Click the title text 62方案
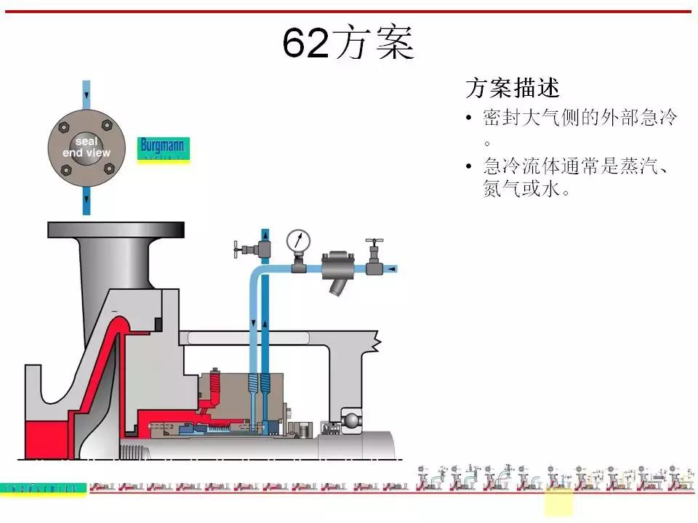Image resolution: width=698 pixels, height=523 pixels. pyautogui.click(x=348, y=43)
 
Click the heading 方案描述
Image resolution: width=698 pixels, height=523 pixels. pyautogui.click(x=512, y=88)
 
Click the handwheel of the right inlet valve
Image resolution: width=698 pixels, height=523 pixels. pyautogui.click(x=375, y=240)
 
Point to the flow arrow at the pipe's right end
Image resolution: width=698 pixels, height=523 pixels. pyautogui.click(x=393, y=269)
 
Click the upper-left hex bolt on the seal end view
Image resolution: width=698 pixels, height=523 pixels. pyautogui.click(x=66, y=124)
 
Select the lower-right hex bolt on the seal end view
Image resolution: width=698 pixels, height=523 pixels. pyautogui.click(x=109, y=169)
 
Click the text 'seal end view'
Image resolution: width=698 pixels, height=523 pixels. pyautogui.click(x=87, y=147)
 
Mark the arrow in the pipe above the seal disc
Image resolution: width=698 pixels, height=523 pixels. pyautogui.click(x=87, y=95)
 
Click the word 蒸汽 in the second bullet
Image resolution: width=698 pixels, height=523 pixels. pyautogui.click(x=635, y=166)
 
